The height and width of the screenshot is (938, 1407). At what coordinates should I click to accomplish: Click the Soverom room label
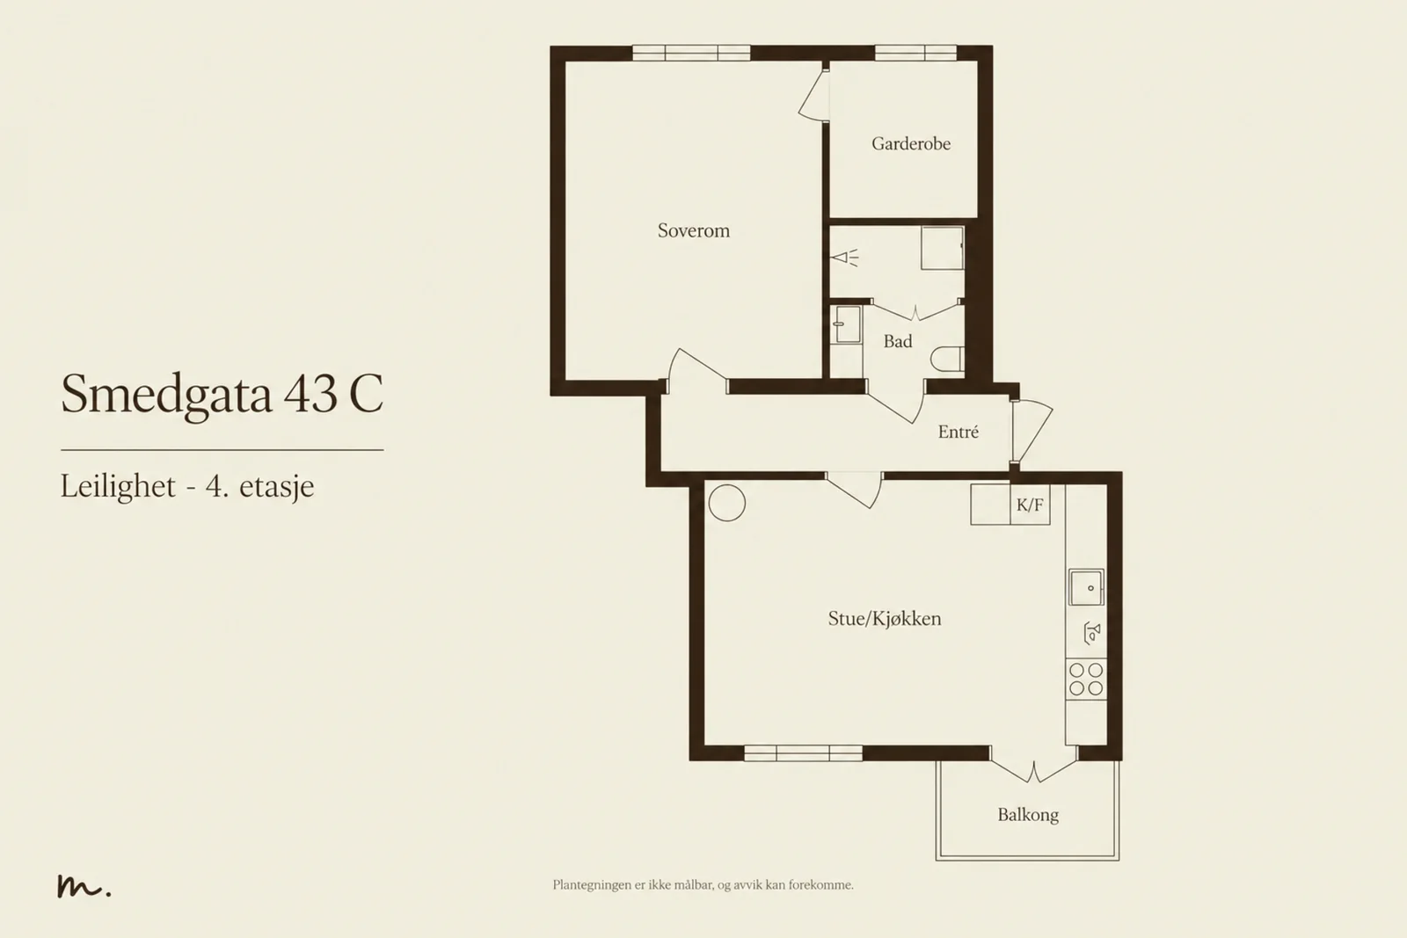(x=694, y=231)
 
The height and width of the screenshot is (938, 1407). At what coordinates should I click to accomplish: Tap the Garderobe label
(x=911, y=144)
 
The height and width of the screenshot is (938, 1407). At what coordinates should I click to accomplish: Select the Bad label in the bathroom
(x=898, y=342)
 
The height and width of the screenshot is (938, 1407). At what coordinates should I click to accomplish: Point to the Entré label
(x=958, y=432)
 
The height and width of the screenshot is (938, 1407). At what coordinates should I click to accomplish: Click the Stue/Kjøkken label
(x=885, y=619)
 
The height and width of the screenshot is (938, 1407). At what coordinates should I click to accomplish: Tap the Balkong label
(x=1028, y=815)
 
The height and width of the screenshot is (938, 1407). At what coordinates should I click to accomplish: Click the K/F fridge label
(x=1030, y=505)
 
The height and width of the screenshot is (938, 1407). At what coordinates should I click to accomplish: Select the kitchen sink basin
(x=1086, y=587)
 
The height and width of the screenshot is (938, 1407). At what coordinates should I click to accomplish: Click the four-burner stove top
(x=1086, y=680)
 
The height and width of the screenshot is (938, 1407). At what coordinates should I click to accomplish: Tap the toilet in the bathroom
(x=947, y=360)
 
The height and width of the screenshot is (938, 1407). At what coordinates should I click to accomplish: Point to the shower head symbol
(x=844, y=258)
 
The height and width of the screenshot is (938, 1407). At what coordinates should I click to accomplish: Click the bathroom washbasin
(x=846, y=324)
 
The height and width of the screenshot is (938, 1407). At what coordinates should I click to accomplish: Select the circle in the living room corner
(x=726, y=503)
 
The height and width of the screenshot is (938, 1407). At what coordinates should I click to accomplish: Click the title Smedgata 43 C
(x=222, y=395)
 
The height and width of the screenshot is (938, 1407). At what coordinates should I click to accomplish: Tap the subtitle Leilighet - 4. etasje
(x=187, y=486)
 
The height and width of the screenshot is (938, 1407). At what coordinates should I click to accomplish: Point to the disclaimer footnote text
(x=703, y=885)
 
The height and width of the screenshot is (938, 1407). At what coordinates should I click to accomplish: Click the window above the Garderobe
(x=915, y=53)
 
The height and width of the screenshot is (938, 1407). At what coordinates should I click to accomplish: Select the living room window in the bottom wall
(x=803, y=753)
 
